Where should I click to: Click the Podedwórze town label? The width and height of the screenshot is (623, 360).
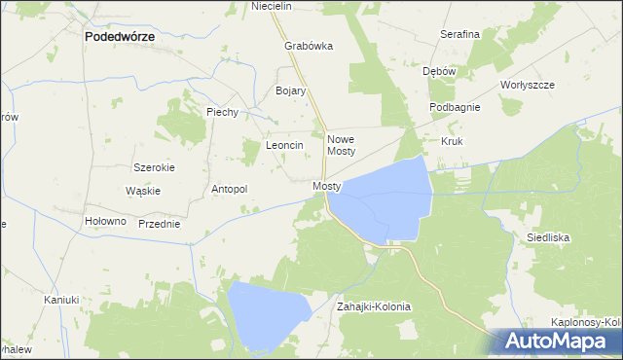121,36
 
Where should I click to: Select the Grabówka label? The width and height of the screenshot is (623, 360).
309,46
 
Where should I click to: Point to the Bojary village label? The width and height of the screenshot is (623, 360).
291,90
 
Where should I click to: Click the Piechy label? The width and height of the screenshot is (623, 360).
223,112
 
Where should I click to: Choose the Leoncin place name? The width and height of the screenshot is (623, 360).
285,145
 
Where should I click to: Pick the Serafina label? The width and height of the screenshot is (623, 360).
459,34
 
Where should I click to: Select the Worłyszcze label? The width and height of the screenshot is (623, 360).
527,85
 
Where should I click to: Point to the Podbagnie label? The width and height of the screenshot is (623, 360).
455,107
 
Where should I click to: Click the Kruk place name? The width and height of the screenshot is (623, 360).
452,141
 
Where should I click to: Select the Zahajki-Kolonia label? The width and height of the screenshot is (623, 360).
374,306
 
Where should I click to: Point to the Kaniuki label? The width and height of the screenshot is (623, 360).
60,300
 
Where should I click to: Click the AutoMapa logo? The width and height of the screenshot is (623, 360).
559,342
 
